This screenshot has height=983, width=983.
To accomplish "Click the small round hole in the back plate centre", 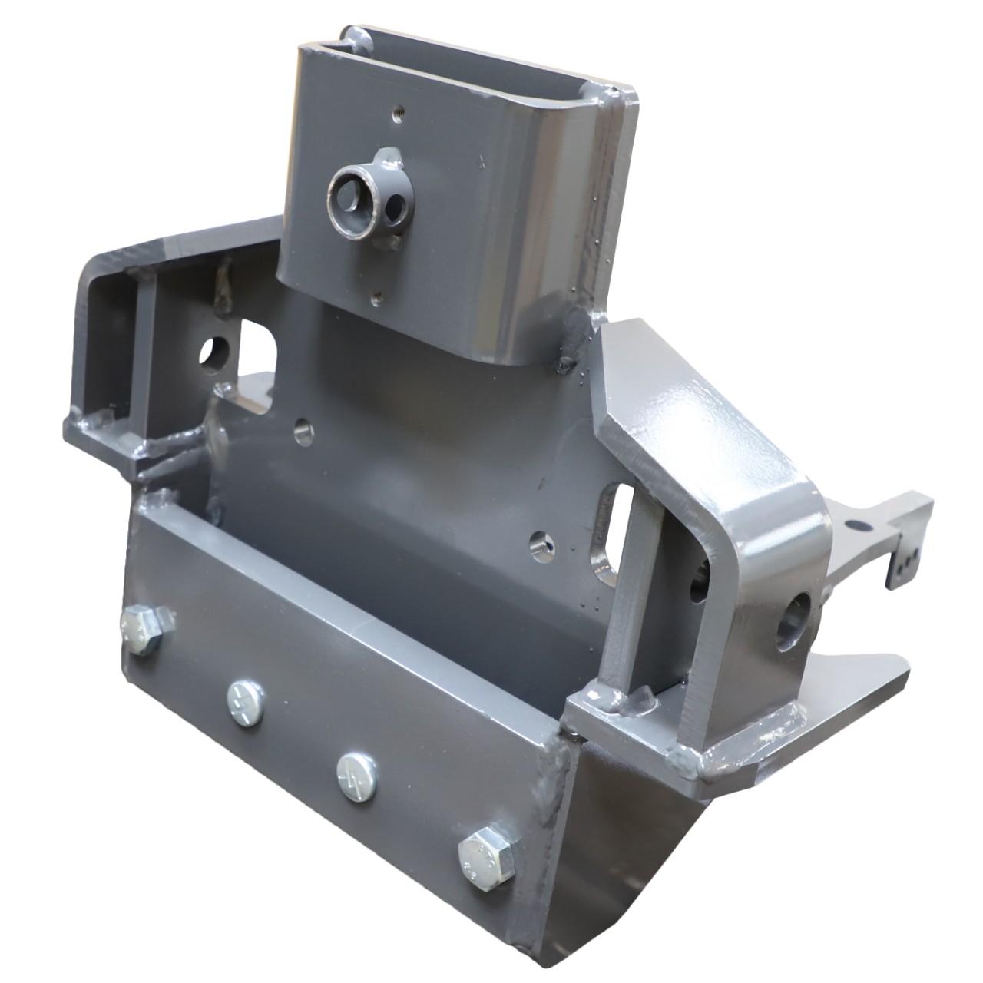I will click(x=305, y=427).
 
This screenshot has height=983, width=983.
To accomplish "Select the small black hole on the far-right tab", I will click(x=857, y=526).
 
